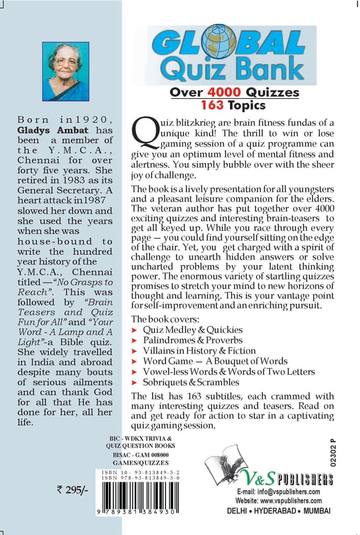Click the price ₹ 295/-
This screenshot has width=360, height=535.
72,490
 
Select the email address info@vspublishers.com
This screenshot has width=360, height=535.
285,492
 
